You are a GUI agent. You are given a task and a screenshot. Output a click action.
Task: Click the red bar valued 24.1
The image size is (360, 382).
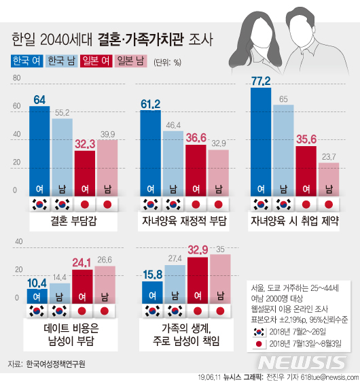coord(83,285)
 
